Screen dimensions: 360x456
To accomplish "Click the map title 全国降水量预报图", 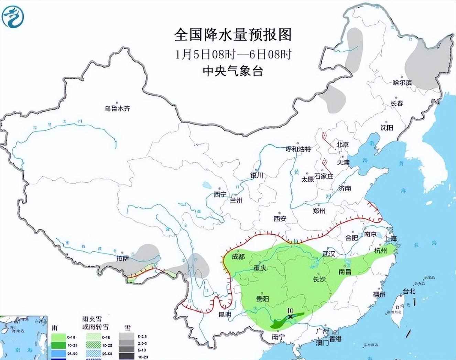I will [x=233, y=35].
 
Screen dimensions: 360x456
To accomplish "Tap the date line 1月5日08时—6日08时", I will [x=233, y=54].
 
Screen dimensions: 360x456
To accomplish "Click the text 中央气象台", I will [x=233, y=71].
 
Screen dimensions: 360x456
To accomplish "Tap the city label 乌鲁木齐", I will [x=118, y=108].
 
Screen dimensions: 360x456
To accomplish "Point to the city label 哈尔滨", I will [x=402, y=83].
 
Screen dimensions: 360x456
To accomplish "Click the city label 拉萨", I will [x=122, y=258].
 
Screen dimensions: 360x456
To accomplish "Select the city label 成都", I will [x=239, y=256].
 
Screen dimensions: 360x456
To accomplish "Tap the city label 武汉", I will [x=329, y=254].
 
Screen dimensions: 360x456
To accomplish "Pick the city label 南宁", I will [x=278, y=337].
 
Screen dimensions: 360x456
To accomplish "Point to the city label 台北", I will [x=409, y=291].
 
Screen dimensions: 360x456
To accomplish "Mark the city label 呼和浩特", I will [x=298, y=149].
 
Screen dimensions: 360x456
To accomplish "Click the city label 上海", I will [x=391, y=238].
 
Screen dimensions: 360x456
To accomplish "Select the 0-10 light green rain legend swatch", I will [x=58, y=337].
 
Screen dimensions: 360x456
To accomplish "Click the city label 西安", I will [x=280, y=218].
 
